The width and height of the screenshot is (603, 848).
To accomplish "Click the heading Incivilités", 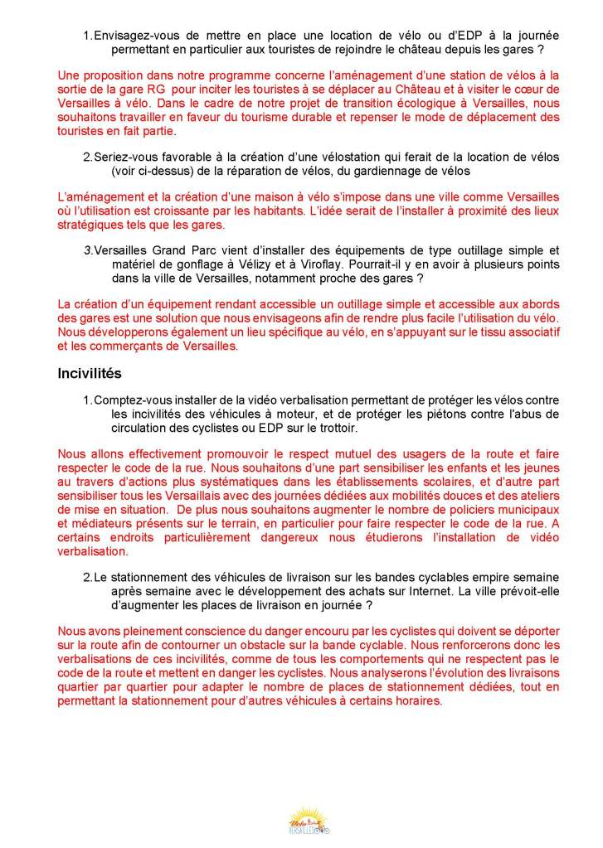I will point(90,373).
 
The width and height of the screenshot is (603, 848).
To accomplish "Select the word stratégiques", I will point(90,225).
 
